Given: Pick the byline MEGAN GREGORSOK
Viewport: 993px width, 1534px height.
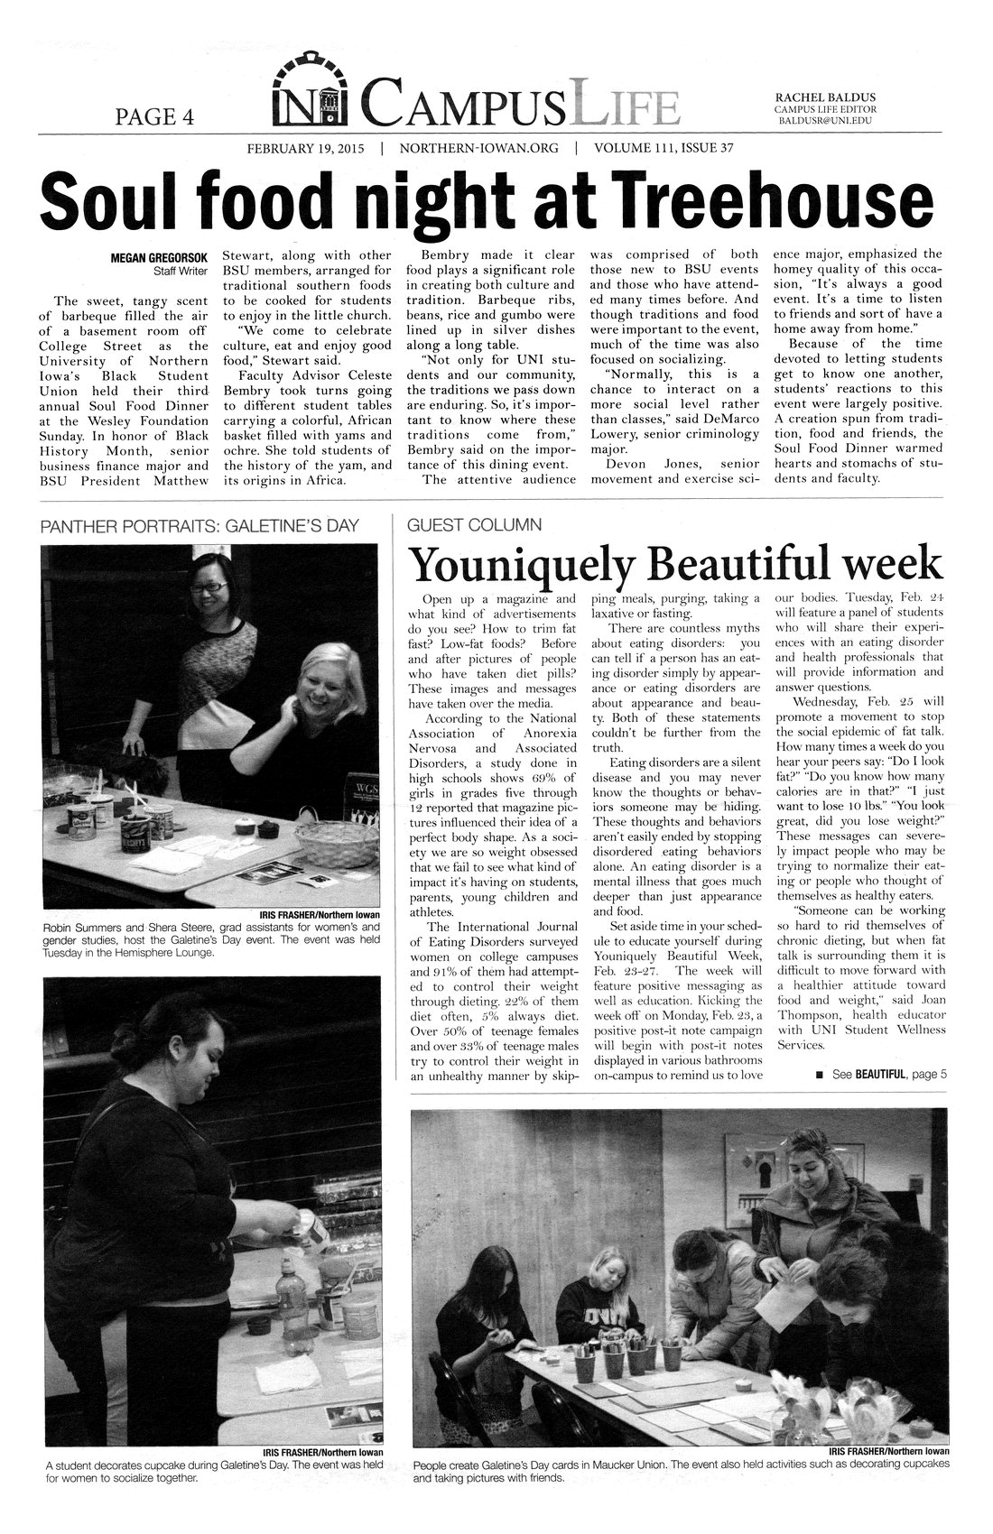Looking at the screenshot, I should point(160,258).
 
